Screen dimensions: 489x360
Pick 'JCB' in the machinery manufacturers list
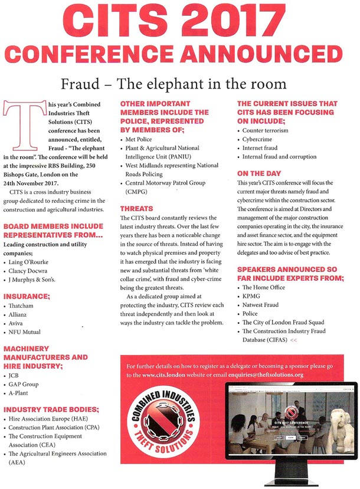17,373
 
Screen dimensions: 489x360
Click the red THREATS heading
137,208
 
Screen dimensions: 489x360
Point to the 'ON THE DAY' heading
258,173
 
